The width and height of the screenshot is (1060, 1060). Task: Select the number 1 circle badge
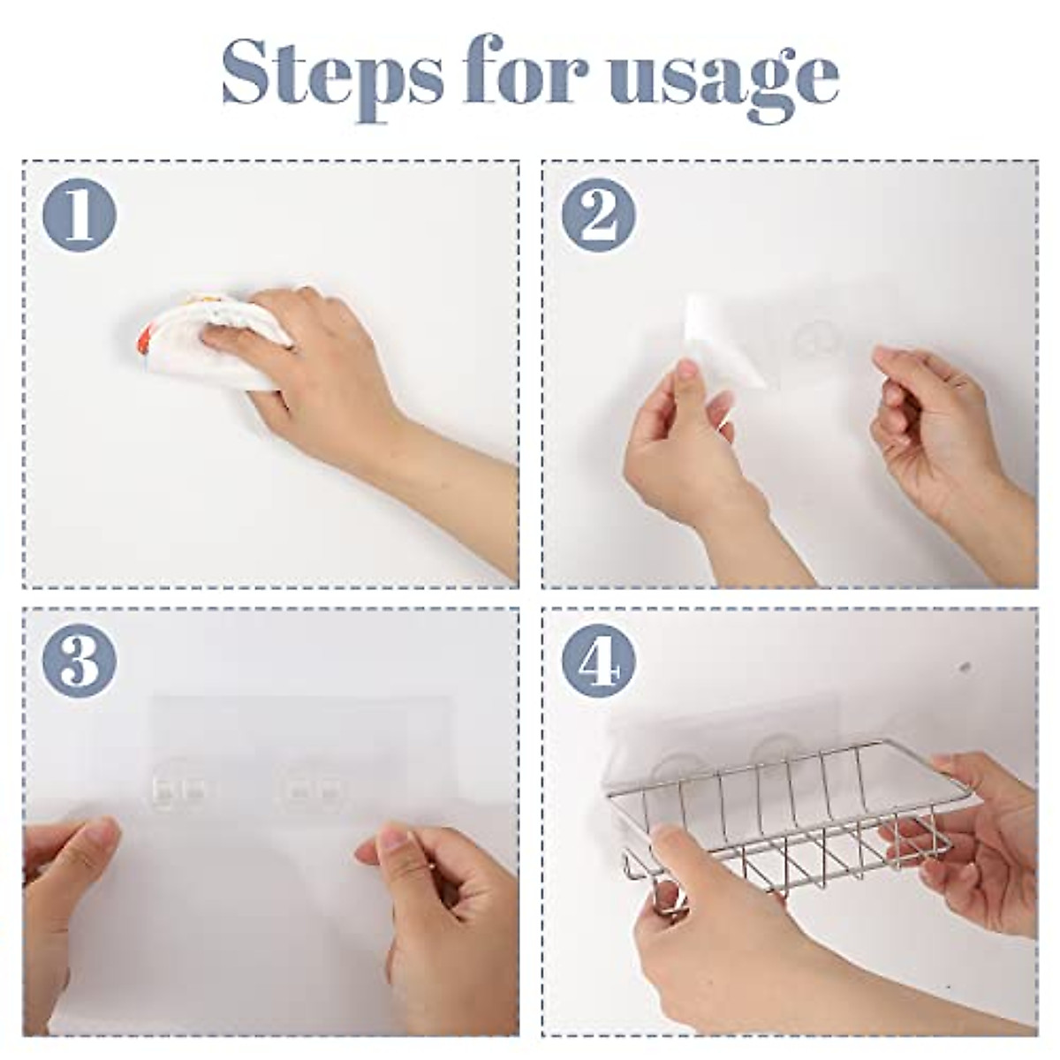click(79, 216)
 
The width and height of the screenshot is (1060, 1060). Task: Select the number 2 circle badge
click(599, 216)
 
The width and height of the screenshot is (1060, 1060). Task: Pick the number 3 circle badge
click(79, 662)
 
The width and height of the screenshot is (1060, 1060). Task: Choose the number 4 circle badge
click(599, 662)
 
